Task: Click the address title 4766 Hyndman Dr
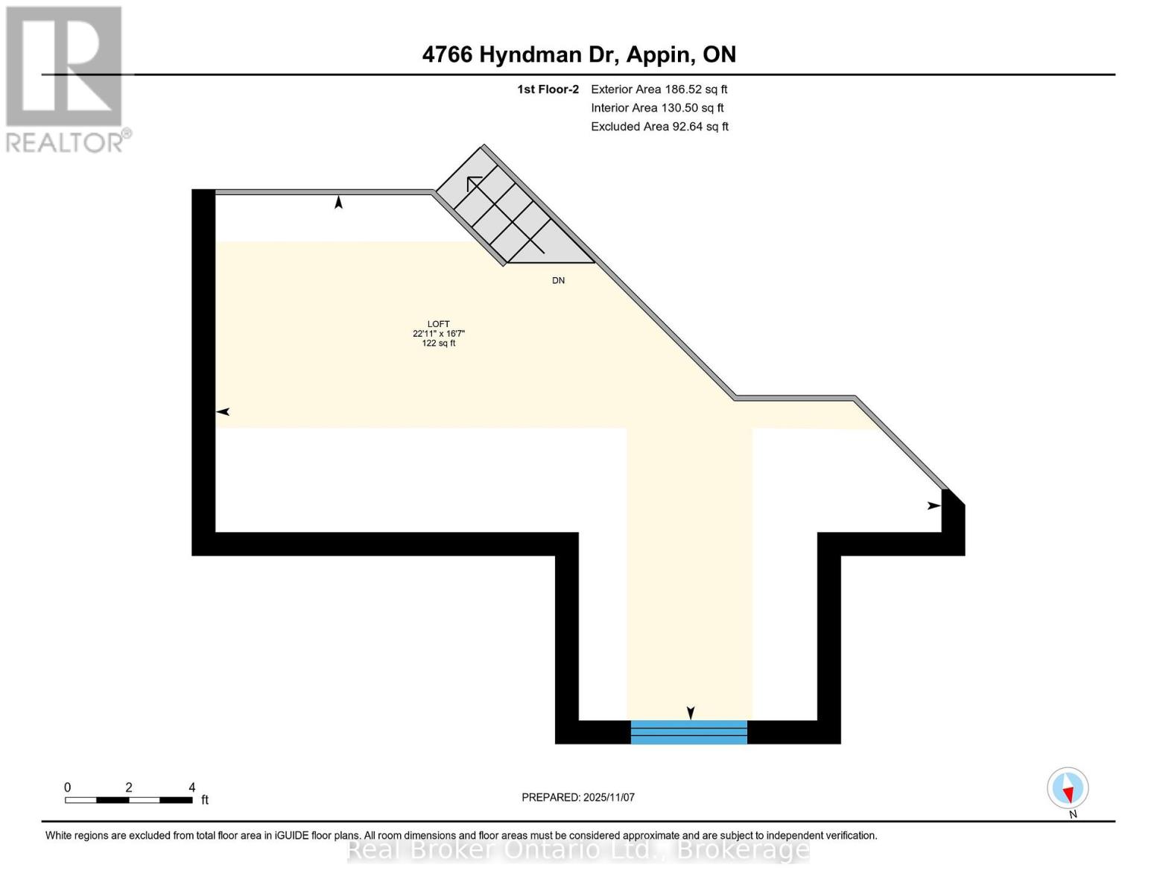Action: (579, 54)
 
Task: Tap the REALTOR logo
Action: (66, 78)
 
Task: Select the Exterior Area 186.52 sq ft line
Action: (659, 89)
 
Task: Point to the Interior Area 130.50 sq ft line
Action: (657, 108)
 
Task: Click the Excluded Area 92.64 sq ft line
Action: (659, 127)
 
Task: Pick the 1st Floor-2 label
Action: (548, 89)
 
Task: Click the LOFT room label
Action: (438, 324)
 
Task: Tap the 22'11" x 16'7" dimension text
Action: (438, 334)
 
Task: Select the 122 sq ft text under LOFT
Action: (438, 343)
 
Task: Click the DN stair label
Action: (558, 281)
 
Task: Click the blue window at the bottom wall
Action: (688, 732)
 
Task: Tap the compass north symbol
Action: (1068, 788)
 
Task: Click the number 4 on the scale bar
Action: (192, 787)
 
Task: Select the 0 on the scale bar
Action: (67, 787)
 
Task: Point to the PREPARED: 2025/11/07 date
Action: (578, 797)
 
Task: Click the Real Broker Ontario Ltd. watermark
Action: (578, 849)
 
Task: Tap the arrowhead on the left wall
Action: (223, 412)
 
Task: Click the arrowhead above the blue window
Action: (691, 713)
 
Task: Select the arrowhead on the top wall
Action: (338, 202)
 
